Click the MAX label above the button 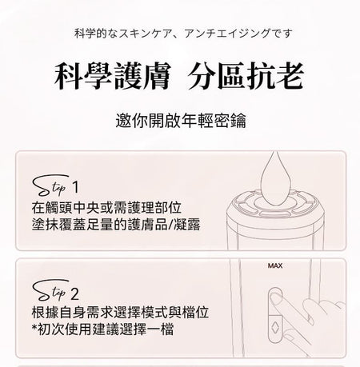coord(275,265)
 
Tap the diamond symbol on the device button coord(274,326)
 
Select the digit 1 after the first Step coord(76,187)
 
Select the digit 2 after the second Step coord(75,294)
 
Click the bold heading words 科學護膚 coord(112,76)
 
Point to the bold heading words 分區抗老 coord(246,76)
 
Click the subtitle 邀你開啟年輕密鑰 coord(181,121)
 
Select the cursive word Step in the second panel coord(50,290)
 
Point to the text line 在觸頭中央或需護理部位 coord(106,208)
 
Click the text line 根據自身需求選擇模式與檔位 coord(120,312)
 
